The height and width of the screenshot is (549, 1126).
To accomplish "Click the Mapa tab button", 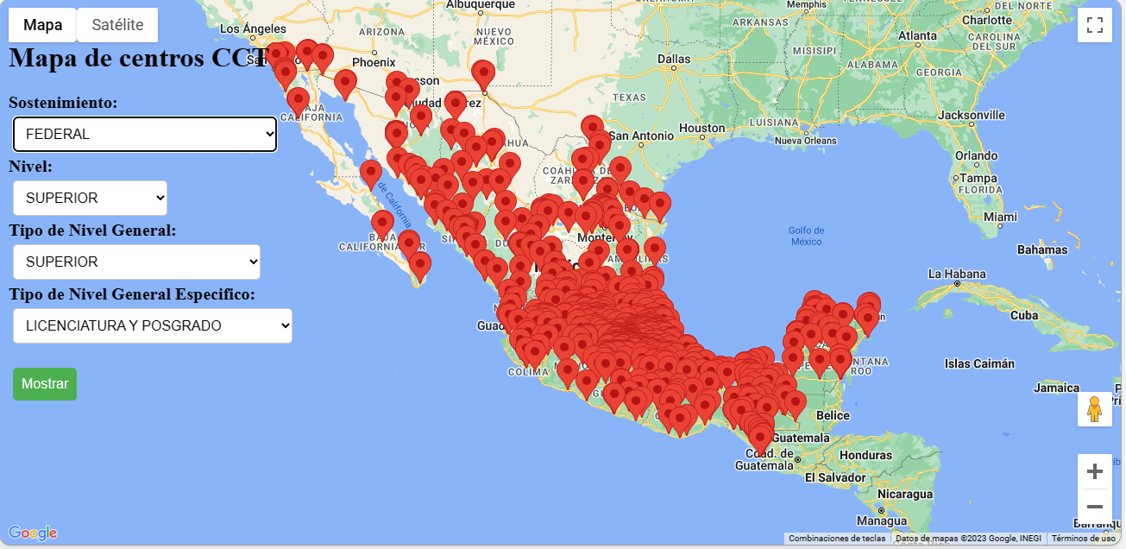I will tap(42, 25).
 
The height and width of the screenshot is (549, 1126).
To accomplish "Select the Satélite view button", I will tap(117, 25).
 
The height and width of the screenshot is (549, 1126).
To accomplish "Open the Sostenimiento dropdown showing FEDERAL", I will tap(145, 134).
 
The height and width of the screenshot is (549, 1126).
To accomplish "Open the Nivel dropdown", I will tap(90, 198).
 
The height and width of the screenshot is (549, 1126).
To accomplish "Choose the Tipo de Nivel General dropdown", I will tap(136, 262).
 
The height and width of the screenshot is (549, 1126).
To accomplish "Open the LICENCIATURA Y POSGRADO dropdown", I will tap(153, 325).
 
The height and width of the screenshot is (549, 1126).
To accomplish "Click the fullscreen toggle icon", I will tap(1095, 25).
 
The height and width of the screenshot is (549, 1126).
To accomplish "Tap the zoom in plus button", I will tap(1095, 471).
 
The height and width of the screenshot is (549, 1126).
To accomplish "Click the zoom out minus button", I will tap(1095, 506).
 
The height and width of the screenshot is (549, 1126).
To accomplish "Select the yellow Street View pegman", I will tap(1095, 409).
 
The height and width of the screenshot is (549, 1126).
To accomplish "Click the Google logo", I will tap(33, 533).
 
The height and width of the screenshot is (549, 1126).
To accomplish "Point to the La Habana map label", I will tap(957, 274).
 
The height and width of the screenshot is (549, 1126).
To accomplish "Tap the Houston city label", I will tap(702, 128).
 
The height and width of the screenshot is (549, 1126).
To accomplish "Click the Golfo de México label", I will tap(807, 236).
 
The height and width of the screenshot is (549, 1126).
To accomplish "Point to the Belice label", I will tap(833, 415).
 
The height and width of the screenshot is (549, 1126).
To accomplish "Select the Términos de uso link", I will tap(1083, 539).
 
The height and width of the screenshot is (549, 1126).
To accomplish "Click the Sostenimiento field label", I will tap(63, 103).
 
